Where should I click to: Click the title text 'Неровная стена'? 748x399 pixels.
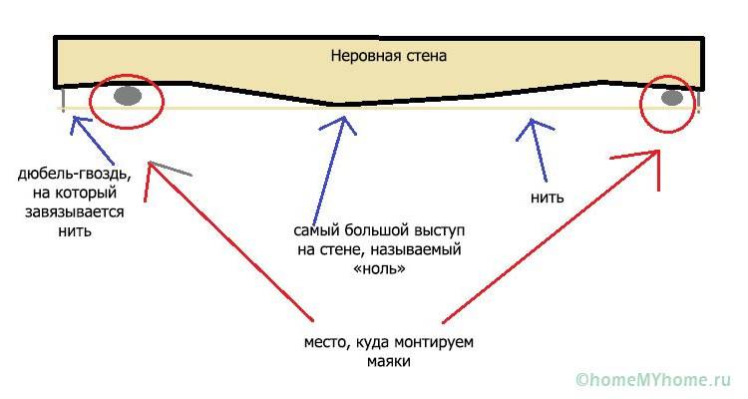click(x=389, y=57)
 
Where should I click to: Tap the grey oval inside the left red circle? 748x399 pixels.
click(x=127, y=97)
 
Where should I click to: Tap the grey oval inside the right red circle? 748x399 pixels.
click(x=672, y=98)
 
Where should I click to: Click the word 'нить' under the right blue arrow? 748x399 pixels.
click(x=548, y=197)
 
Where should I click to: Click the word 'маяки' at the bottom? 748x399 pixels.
click(x=388, y=362)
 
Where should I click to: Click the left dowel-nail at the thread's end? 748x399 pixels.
click(x=64, y=100)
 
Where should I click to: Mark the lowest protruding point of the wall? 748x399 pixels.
click(x=340, y=105)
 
